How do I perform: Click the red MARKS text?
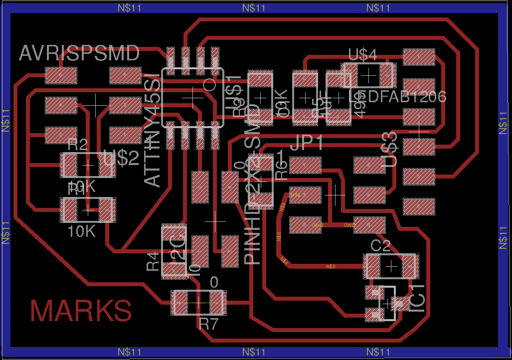(x=81, y=311)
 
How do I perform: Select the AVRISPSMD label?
(x=79, y=53)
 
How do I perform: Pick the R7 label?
(x=208, y=324)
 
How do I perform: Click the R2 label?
(x=78, y=145)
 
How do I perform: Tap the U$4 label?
(x=362, y=55)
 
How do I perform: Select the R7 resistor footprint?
(x=198, y=302)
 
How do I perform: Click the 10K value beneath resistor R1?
(x=81, y=231)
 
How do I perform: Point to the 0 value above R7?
(x=214, y=283)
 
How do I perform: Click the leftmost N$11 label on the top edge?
(x=130, y=7)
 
